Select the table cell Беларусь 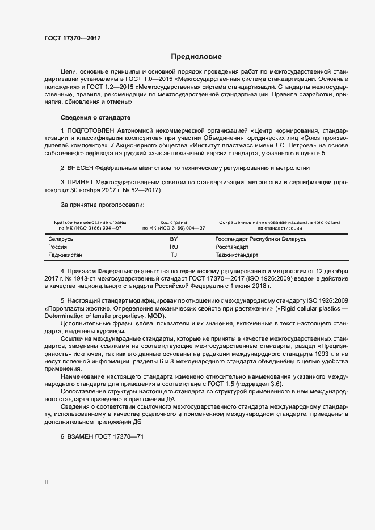tap(61, 239)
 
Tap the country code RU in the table tap(174, 247)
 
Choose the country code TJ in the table tap(174, 255)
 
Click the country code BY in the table tap(174, 239)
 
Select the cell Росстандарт tap(232, 247)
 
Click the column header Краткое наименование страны tap(90, 222)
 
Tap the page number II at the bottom tap(46, 482)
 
